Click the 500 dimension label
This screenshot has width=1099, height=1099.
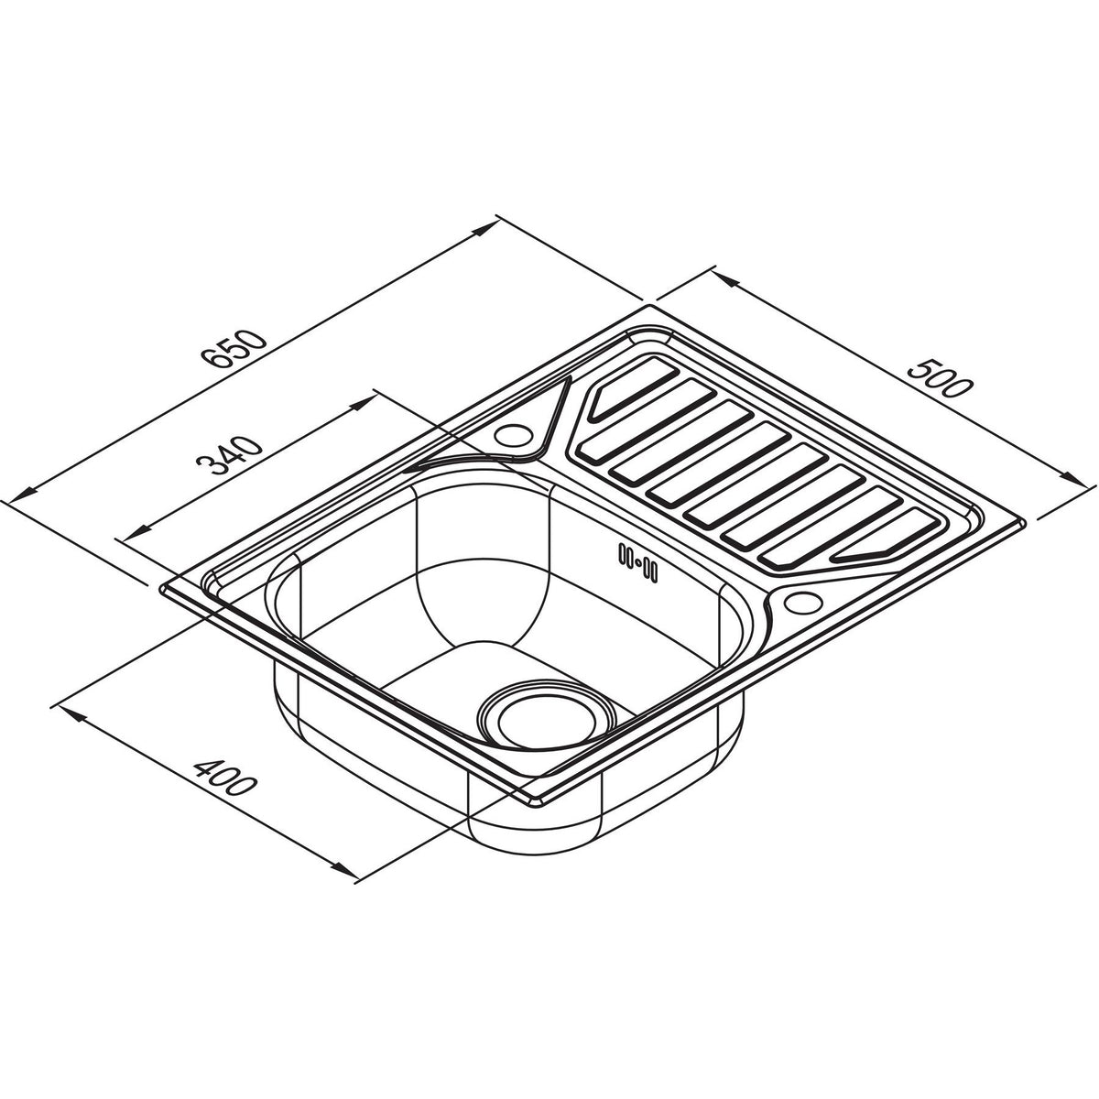[938, 377]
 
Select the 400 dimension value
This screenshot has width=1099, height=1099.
[223, 777]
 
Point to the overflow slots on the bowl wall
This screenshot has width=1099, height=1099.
[638, 564]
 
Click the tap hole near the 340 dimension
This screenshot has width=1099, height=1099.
[513, 435]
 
